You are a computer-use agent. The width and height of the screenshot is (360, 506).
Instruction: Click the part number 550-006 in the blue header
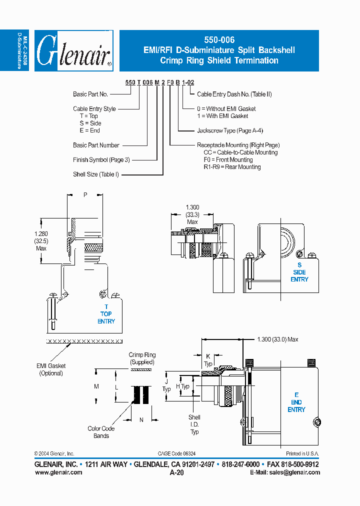click(x=219, y=40)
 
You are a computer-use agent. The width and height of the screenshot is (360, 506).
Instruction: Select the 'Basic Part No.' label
click(x=90, y=94)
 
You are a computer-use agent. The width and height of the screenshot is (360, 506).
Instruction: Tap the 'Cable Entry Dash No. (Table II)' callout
click(x=234, y=94)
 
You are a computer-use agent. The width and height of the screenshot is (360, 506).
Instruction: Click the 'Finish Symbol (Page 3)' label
click(x=101, y=159)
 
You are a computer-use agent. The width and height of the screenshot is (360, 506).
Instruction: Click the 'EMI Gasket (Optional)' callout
click(x=51, y=369)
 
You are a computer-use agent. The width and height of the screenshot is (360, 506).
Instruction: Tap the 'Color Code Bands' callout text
click(x=101, y=432)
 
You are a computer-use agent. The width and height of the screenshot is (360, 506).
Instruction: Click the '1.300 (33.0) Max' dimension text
click(x=277, y=339)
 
